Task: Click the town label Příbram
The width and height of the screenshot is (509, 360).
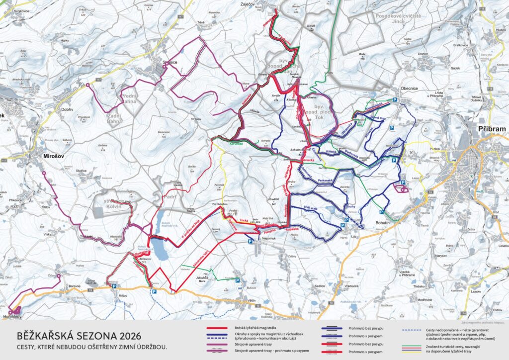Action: coord(491,129)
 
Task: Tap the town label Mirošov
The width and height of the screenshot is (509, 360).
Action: coord(52,156)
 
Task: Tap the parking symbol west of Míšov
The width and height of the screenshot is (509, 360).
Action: coord(114,287)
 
